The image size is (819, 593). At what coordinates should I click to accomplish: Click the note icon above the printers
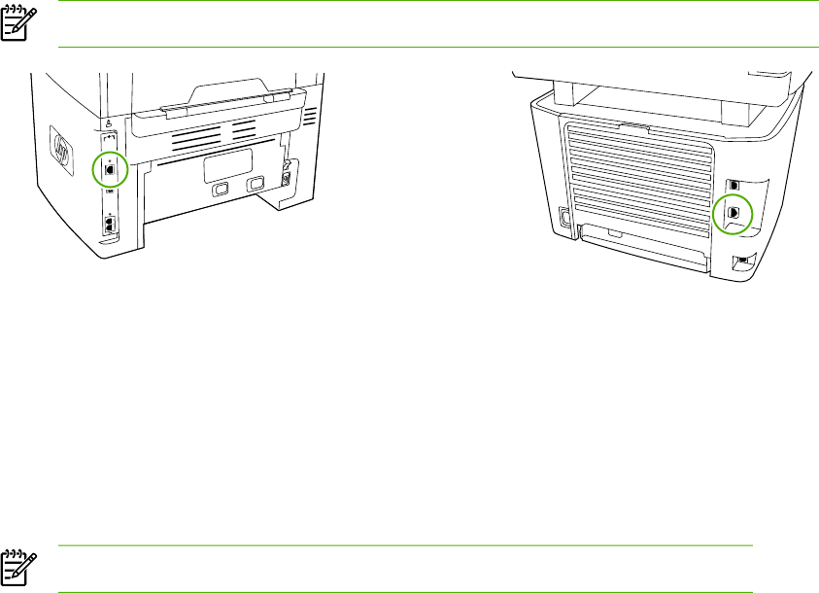click(x=15, y=26)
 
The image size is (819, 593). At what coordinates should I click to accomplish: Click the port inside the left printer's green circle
click(x=110, y=168)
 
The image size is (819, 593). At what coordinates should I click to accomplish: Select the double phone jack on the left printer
click(x=110, y=223)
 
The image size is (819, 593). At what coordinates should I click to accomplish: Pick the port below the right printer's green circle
click(x=740, y=261)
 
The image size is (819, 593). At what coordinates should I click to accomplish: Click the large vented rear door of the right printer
click(x=637, y=175)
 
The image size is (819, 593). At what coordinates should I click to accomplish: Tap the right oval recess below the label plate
click(x=256, y=184)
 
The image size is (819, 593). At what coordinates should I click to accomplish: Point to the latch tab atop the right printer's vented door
click(x=632, y=124)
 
